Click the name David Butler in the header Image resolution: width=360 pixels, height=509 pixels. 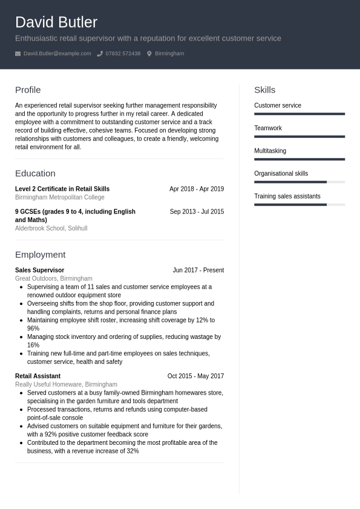pyautogui.click(x=56, y=22)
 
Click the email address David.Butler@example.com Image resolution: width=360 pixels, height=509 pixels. pyautogui.click(x=57, y=53)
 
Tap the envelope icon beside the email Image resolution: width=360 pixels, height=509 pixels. pyautogui.click(x=18, y=53)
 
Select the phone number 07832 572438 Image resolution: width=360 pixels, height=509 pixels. pyautogui.click(x=123, y=53)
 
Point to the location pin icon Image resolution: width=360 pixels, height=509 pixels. pyautogui.click(x=149, y=53)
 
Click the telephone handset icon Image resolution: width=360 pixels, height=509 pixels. pyautogui.click(x=100, y=53)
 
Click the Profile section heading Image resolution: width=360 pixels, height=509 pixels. pyautogui.click(x=28, y=90)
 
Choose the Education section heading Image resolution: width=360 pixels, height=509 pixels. pyautogui.click(x=35, y=173)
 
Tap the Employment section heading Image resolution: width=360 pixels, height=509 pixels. pyautogui.click(x=40, y=254)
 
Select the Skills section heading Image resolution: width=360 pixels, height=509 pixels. pyautogui.click(x=264, y=90)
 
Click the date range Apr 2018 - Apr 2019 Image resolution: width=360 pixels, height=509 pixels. pyautogui.click(x=196, y=189)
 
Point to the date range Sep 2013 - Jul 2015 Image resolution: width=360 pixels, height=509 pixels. pyautogui.click(x=197, y=212)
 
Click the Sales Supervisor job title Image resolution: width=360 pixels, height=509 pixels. pyautogui.click(x=39, y=270)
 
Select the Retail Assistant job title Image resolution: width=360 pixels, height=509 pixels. pyautogui.click(x=38, y=376)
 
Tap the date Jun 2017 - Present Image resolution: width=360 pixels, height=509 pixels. pyautogui.click(x=198, y=270)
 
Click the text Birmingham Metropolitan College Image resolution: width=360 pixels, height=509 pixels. pyautogui.click(x=59, y=197)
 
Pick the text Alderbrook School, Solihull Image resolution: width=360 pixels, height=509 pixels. pyautogui.click(x=51, y=228)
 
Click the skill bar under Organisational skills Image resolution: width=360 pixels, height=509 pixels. pyautogui.click(x=299, y=182)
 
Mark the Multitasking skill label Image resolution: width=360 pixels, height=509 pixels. pyautogui.click(x=270, y=151)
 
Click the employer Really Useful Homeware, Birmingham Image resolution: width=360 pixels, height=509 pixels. pyautogui.click(x=66, y=384)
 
